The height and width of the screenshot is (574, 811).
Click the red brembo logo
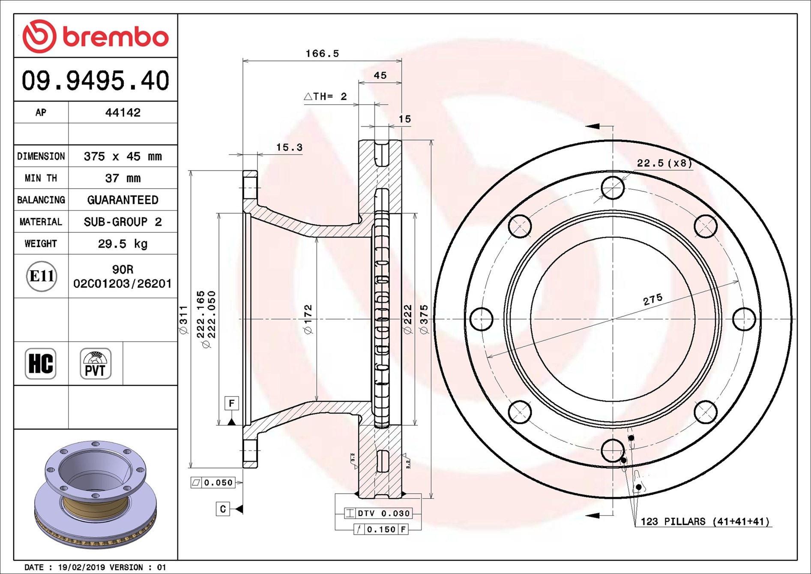(x=96, y=36)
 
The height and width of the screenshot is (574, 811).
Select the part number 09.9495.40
(x=96, y=81)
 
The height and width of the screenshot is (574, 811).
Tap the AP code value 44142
(x=123, y=112)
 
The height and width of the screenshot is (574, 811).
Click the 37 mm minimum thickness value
(x=123, y=178)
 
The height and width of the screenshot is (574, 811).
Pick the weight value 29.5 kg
(x=123, y=243)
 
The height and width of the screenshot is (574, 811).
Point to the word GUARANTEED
(x=123, y=200)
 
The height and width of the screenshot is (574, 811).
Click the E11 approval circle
(x=42, y=276)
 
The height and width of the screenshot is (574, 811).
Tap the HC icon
(x=41, y=364)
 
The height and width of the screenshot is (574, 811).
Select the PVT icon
(x=96, y=364)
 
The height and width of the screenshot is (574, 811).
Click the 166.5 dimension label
(x=322, y=54)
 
